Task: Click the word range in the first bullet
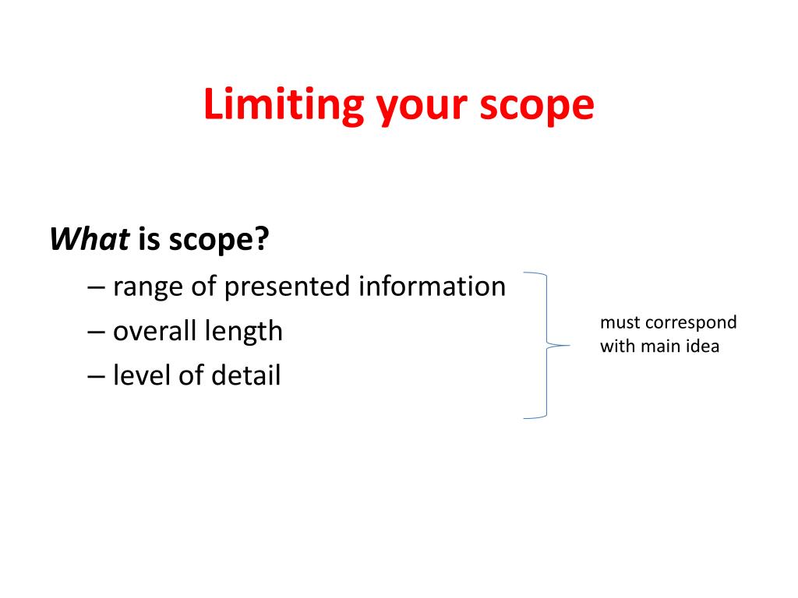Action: tap(145, 287)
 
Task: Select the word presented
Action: tap(288, 287)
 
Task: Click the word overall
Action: tap(154, 332)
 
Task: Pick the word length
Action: tap(243, 332)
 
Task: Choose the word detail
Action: tap(241, 376)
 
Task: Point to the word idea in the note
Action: tap(703, 346)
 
